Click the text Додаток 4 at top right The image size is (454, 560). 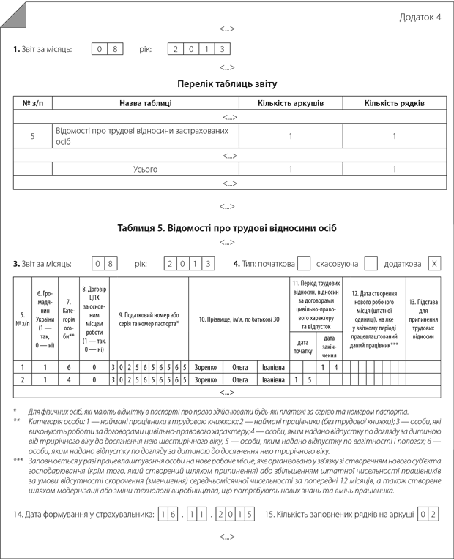coord(420,18)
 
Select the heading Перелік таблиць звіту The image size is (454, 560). coord(227,84)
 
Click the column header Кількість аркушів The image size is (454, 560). coord(291,103)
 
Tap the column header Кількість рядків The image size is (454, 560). coord(394,103)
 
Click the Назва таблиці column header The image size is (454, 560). coord(146,103)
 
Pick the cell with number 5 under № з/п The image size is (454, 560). coord(33,136)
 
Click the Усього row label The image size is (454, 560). coord(146,170)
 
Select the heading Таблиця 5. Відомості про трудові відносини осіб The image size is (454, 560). coord(227,227)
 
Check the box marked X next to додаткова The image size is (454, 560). coord(434,263)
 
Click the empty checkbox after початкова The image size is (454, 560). coord(304,263)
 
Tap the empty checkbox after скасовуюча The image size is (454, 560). coord(371,263)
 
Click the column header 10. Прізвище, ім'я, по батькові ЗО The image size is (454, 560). coord(239,319)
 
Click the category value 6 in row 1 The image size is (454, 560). coord(69,367)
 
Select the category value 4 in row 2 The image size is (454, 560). coord(69,380)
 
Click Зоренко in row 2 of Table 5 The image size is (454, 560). coord(206,380)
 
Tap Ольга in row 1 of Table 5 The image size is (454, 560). coord(240,367)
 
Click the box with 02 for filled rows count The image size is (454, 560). coord(428,514)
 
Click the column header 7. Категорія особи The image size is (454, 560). coord(69,319)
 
